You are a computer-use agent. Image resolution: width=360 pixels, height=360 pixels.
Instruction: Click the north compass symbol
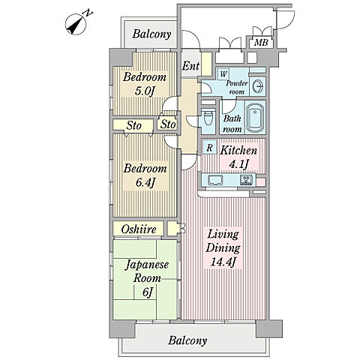(x=76, y=25)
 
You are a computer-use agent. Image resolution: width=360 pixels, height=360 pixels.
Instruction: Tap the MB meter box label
(x=261, y=43)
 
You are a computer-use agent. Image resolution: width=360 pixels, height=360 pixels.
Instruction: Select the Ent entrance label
(x=190, y=66)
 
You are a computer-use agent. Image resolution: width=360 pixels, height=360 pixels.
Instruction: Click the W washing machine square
(x=223, y=74)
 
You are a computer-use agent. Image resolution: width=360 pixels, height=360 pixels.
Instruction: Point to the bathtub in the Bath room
(x=255, y=118)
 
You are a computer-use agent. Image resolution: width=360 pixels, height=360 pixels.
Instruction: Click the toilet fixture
(x=208, y=119)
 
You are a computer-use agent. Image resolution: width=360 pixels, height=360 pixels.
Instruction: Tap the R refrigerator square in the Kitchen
(x=210, y=148)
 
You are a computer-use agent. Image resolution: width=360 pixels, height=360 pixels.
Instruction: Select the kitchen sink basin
(x=215, y=180)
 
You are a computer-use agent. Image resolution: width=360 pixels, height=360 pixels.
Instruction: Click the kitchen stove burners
(x=247, y=180)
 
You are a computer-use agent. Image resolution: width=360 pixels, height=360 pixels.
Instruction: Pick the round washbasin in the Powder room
(x=257, y=86)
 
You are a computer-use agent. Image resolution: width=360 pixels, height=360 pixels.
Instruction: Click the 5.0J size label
(x=144, y=91)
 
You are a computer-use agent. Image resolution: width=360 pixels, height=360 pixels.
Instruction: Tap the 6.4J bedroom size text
(x=144, y=183)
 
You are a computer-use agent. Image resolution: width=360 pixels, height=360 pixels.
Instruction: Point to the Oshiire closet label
(x=139, y=229)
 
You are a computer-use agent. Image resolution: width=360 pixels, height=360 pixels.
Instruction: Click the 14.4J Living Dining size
(x=223, y=262)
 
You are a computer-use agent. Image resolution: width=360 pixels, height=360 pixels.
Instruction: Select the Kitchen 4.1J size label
(x=239, y=164)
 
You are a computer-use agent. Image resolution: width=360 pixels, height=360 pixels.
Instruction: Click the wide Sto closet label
(x=134, y=125)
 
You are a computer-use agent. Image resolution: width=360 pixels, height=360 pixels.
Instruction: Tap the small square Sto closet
(x=168, y=124)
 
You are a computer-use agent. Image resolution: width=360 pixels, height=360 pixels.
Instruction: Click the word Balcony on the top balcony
(x=151, y=34)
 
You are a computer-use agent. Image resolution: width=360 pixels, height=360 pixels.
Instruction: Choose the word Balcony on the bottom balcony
(x=187, y=340)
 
